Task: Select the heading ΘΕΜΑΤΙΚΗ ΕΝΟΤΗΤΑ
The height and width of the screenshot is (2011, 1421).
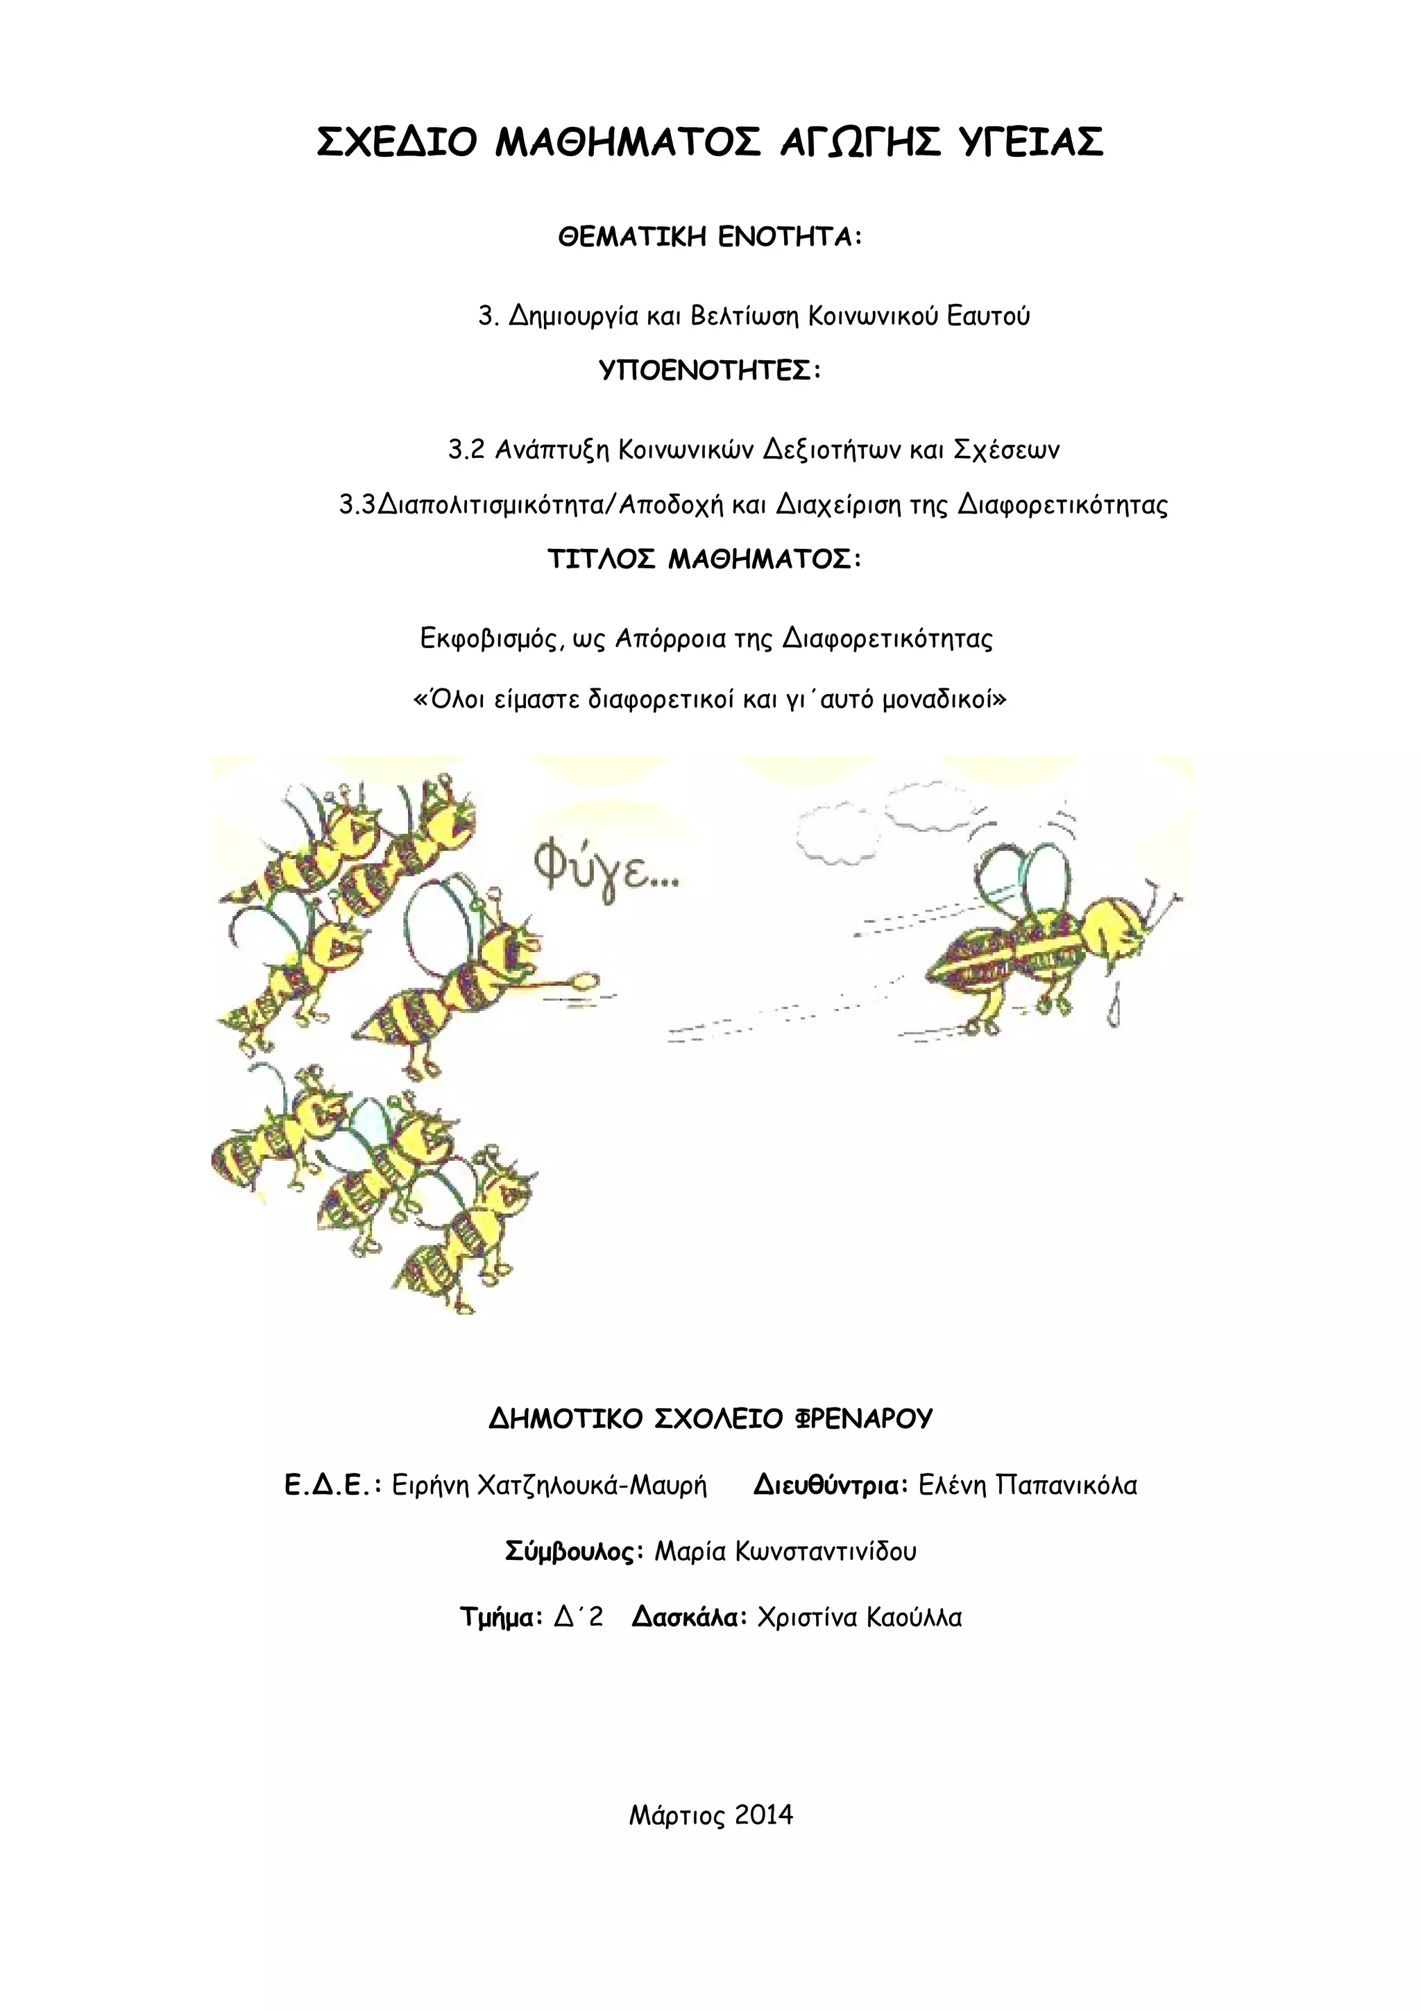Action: coord(710,237)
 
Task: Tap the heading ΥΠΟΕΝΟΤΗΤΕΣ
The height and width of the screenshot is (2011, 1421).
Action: coord(710,371)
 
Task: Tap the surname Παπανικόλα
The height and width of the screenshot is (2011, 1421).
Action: coord(1066,1486)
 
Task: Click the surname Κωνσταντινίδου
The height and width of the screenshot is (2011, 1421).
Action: coord(826,1551)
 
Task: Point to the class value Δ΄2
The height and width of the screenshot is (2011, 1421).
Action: coord(579,1617)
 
